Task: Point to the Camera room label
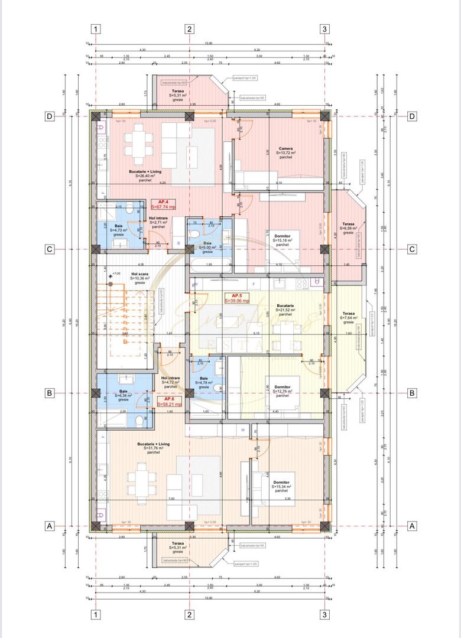(x=286, y=149)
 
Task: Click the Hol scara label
(x=139, y=274)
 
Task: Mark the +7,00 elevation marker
(x=116, y=274)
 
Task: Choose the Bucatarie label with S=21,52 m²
(x=285, y=305)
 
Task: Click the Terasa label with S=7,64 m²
(x=349, y=313)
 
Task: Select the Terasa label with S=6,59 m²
(x=348, y=224)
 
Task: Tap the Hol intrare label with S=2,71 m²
(x=158, y=218)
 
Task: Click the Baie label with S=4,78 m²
(x=203, y=378)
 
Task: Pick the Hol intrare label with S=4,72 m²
(x=170, y=378)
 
